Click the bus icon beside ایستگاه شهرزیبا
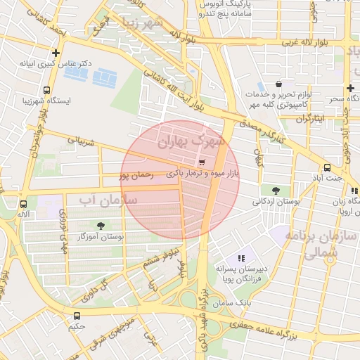click(x=46, y=90)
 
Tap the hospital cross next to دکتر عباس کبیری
click(x=56, y=53)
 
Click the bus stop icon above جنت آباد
click(x=327, y=167)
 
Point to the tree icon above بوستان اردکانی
click(x=274, y=190)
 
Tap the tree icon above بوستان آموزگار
click(x=101, y=226)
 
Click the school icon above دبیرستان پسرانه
click(x=241, y=258)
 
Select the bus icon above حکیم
click(x=77, y=316)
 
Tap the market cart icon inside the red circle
click(x=202, y=162)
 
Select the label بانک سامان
click(x=236, y=302)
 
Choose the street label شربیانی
click(x=80, y=141)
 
